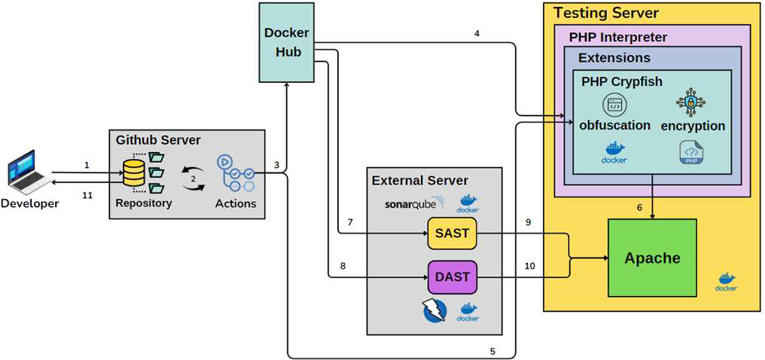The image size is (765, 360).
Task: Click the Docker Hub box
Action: pyautogui.click(x=285, y=42)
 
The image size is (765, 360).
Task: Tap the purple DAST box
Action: pyautogui.click(x=452, y=276)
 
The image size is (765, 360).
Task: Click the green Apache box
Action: pyautogui.click(x=651, y=258)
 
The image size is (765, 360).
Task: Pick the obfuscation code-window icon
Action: pyautogui.click(x=614, y=105)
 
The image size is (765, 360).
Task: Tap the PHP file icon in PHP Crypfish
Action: pyautogui.click(x=690, y=153)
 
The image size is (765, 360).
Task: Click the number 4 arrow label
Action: pyautogui.click(x=477, y=34)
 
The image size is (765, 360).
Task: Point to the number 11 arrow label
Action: pyautogui.click(x=87, y=194)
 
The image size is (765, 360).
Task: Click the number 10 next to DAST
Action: pyautogui.click(x=530, y=265)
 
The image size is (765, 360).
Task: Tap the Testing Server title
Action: pyautogui.click(x=606, y=13)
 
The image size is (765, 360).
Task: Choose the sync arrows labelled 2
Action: pyautogui.click(x=194, y=178)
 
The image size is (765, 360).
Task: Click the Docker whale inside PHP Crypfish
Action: pyautogui.click(x=615, y=154)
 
